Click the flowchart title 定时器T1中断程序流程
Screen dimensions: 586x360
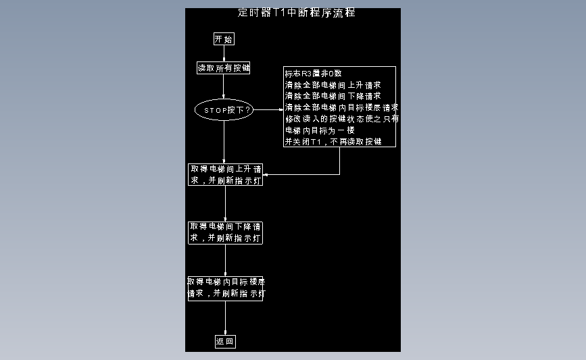click(297, 13)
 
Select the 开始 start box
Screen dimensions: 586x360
click(224, 39)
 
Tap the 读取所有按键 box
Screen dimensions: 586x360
click(224, 68)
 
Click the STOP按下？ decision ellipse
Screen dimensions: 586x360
click(224, 109)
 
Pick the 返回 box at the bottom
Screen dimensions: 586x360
click(225, 342)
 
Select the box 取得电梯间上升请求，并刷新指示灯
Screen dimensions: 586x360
click(225, 175)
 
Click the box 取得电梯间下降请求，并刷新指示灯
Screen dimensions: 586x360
click(225, 232)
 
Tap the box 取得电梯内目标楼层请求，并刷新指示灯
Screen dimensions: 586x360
click(225, 288)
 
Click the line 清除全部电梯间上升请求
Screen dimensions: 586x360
click(333, 85)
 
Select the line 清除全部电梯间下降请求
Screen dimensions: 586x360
click(333, 97)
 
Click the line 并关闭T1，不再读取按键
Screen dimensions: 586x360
click(333, 142)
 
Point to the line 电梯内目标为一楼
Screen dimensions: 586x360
click(320, 130)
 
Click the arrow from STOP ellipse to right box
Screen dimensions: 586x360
click(268, 109)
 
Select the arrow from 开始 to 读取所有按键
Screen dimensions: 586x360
click(224, 53)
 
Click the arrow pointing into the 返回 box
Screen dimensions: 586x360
click(225, 319)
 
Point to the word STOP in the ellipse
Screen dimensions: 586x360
click(215, 109)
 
